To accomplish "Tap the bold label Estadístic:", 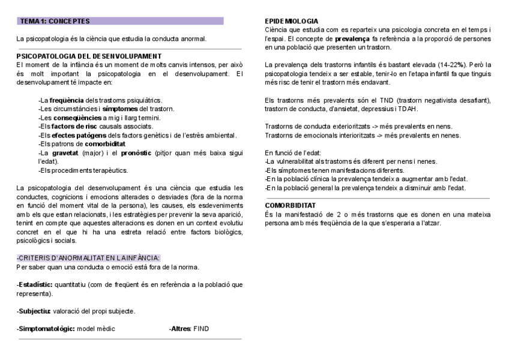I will [x=35, y=284].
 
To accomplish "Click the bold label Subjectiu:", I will [x=34, y=311].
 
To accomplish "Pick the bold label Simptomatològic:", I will [x=46, y=329].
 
